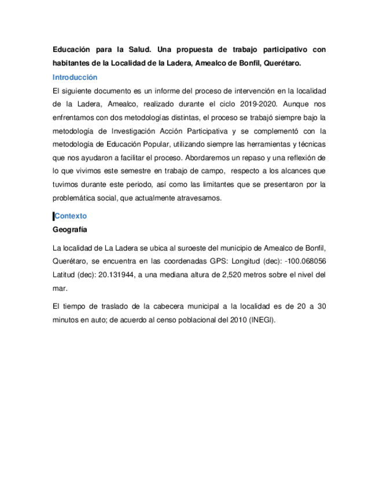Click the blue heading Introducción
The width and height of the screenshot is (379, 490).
pyautogui.click(x=75, y=77)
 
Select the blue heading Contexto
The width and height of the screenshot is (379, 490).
pyautogui.click(x=70, y=216)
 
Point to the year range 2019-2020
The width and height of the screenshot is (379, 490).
pyautogui.click(x=249, y=105)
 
